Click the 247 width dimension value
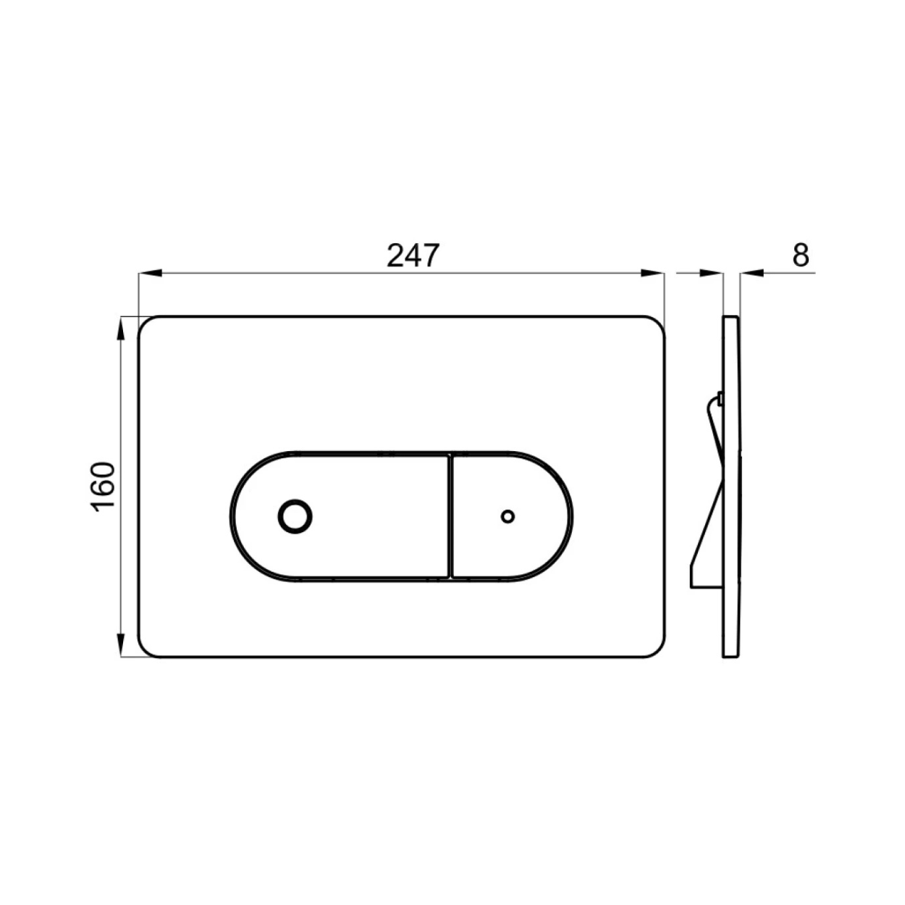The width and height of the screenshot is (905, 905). [x=413, y=255]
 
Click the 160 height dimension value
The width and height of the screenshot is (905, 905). [x=104, y=486]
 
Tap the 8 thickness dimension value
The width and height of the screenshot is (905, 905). [x=800, y=255]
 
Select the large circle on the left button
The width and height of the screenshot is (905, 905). [x=295, y=517]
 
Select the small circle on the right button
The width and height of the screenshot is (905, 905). [x=508, y=516]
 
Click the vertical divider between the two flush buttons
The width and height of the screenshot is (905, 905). [x=449, y=516]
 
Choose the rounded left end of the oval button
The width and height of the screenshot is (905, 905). [x=236, y=516]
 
